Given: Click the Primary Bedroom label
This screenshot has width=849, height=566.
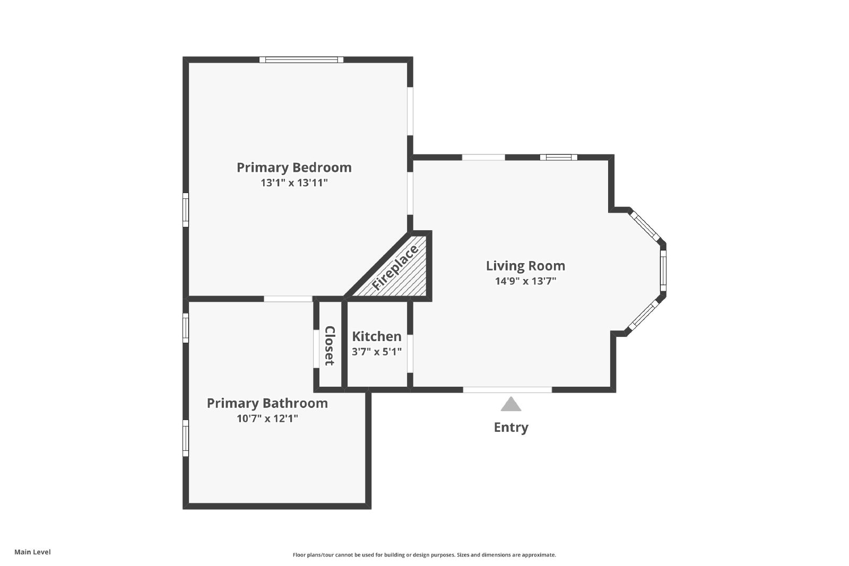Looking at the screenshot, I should tap(294, 168).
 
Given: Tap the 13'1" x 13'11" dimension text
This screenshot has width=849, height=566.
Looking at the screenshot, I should tap(294, 183).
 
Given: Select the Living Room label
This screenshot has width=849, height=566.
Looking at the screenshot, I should tap(525, 266).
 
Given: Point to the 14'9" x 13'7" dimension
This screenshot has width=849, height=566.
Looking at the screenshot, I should tap(525, 281).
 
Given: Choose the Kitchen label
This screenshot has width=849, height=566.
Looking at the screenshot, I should tap(377, 336).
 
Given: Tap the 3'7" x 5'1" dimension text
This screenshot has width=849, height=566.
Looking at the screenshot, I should tap(377, 351).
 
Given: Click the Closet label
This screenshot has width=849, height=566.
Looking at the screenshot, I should tap(330, 346).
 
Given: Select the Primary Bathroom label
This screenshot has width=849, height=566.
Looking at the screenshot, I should tap(267, 403).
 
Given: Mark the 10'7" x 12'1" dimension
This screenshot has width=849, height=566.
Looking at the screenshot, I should tap(267, 419).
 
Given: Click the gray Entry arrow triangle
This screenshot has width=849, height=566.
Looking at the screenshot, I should tap(510, 405).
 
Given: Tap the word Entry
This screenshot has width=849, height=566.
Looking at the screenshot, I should tap(510, 428).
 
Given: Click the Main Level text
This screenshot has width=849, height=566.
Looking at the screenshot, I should tap(32, 552).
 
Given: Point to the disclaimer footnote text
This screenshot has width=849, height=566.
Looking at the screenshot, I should tap(424, 555).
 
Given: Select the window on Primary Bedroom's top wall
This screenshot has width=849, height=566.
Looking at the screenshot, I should tap(301, 59).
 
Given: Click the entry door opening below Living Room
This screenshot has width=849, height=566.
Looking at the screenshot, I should tap(507, 390).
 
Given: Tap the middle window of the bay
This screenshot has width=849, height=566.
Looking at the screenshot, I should tap(663, 271).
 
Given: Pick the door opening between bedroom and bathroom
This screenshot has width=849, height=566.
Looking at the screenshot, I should tap(288, 299).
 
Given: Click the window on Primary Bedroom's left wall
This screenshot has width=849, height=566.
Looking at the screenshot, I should tap(186, 210).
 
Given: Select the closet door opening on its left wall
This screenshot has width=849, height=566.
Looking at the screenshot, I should tap(316, 349).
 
